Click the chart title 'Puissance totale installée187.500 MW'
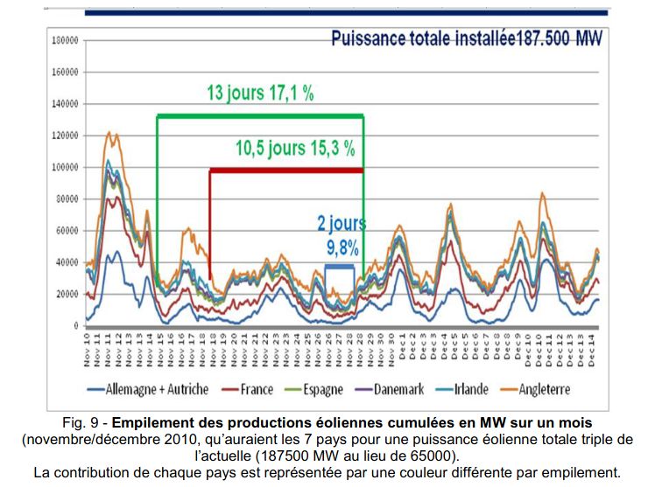coord(467,40)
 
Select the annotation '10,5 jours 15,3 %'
coord(295,149)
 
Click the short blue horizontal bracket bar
coord(340,266)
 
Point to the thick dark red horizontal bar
coord(285,170)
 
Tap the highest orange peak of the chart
coord(108,133)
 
